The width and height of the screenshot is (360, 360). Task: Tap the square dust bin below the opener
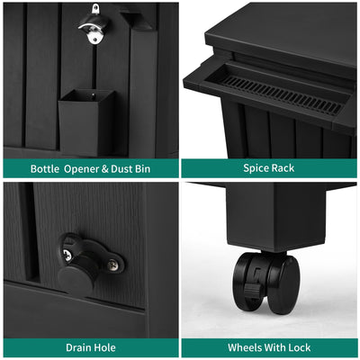coord(86,122)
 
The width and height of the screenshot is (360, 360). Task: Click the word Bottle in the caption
coord(45,168)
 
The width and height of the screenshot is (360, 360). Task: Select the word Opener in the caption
coord(81,169)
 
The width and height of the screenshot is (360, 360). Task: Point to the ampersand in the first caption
coord(104,169)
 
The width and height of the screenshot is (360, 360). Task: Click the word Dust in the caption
coord(121,168)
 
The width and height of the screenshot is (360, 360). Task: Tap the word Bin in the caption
coord(142,168)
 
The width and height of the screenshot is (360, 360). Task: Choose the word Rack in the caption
coord(283,168)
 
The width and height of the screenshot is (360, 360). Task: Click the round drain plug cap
coord(75,280)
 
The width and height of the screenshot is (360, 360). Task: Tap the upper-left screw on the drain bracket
coord(67,256)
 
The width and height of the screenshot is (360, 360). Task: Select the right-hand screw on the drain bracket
coord(112,265)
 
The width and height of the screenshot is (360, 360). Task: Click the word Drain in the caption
coord(78,347)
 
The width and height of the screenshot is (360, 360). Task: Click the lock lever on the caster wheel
coord(251,290)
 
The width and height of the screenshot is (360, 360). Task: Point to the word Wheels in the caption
coord(243,347)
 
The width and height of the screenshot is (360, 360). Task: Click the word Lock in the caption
coord(300,347)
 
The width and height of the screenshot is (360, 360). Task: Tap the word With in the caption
coord(274,347)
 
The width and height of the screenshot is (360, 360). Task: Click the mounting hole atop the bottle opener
coord(95,8)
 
